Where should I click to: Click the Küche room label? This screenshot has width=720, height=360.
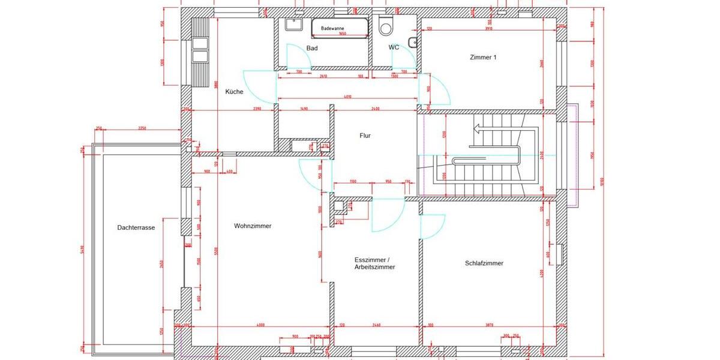point(234,92)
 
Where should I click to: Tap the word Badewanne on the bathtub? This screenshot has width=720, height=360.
point(333,28)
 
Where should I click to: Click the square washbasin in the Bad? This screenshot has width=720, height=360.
point(293,25)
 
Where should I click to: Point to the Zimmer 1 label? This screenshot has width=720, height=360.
point(483,58)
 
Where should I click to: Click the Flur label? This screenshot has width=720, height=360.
point(365,136)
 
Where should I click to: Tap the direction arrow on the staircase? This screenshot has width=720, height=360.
point(480,128)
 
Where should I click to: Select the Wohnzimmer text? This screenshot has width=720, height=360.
point(253,226)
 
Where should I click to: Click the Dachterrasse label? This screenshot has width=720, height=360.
point(136,227)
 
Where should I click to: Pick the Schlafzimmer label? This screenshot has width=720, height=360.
point(484,263)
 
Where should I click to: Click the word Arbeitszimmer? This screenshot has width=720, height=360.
point(375,267)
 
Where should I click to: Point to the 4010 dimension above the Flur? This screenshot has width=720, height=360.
point(347,97)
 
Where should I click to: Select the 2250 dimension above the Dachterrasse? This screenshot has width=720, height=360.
point(142,128)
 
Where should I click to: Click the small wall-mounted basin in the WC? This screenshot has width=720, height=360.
point(413,41)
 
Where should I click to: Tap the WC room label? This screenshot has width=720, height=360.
point(394,47)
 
